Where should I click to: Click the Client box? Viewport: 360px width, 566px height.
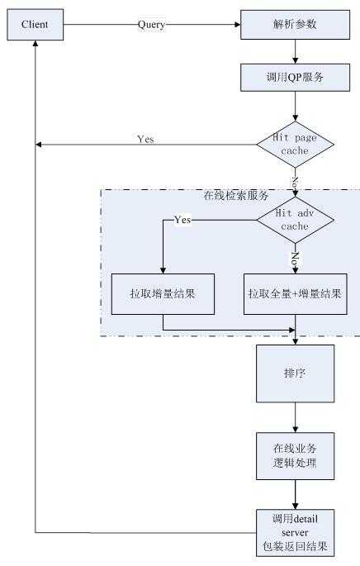(36, 25)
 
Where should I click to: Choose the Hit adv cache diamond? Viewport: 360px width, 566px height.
(295, 220)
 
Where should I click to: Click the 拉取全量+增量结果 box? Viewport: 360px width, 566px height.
(295, 293)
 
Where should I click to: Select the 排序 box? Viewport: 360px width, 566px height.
(295, 372)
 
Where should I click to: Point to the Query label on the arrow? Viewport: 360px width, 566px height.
(151, 25)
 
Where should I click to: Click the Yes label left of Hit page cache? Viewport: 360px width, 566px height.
(145, 139)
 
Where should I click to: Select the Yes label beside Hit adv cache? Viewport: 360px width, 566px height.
(182, 220)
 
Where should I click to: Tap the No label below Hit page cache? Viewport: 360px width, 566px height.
(295, 179)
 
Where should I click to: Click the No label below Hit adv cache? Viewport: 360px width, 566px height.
(295, 257)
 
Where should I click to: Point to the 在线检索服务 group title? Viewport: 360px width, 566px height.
(234, 197)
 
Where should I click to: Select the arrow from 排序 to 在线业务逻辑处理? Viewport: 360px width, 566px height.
(295, 416)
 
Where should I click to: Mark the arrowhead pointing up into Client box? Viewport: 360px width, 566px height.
(36, 45)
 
